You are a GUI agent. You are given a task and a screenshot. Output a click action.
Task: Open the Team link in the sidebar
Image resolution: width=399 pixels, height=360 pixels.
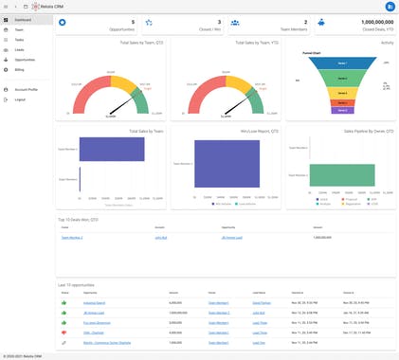19,30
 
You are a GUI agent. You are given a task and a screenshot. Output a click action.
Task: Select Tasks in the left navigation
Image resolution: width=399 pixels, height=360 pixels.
19,41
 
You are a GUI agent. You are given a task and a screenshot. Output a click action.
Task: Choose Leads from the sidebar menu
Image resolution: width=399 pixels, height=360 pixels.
19,49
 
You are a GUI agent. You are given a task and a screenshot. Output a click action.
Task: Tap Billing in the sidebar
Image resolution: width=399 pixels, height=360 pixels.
20,69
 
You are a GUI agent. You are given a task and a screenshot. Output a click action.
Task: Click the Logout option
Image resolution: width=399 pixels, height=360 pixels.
20,99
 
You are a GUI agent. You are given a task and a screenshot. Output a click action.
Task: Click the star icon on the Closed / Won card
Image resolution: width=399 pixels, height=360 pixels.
149,22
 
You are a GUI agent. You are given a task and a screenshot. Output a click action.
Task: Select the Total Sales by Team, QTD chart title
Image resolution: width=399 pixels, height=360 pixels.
137,44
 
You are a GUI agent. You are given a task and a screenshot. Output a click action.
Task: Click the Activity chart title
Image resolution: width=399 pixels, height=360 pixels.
387,44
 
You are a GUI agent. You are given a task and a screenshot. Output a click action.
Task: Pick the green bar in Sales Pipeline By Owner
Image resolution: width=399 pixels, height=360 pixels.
339,175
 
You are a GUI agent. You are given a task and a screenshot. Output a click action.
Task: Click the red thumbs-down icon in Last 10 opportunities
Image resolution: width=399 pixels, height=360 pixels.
64,333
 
